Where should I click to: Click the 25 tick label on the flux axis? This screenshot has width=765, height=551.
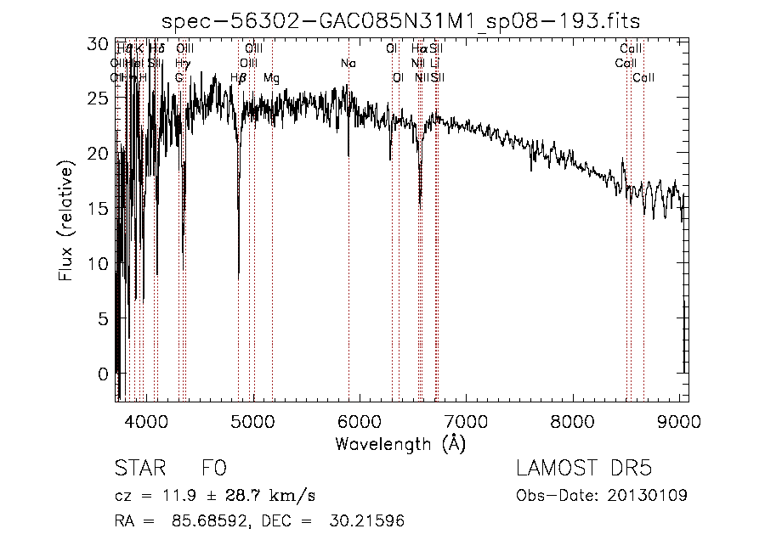(99, 98)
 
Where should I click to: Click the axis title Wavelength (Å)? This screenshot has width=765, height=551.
(400, 443)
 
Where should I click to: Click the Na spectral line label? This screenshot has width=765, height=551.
(348, 64)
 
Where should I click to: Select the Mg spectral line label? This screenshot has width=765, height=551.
(271, 78)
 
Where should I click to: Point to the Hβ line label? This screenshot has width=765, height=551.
(239, 78)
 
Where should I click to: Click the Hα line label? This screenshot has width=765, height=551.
(418, 49)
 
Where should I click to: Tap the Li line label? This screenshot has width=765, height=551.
(434, 64)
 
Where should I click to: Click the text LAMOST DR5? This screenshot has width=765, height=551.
(584, 469)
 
